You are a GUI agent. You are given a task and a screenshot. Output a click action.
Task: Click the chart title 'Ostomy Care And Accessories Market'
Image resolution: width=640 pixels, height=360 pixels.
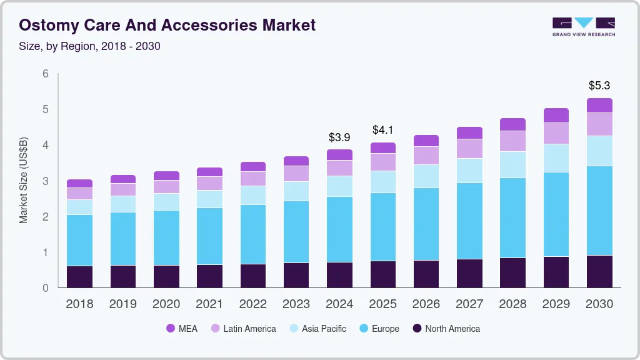tap(167, 25)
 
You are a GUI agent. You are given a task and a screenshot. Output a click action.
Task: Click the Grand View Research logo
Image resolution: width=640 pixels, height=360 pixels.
tap(583, 26)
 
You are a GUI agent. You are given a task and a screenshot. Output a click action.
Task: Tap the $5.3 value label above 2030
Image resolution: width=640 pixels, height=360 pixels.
tap(599, 85)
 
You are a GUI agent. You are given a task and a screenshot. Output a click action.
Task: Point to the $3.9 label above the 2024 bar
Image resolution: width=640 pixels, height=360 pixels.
tap(339, 137)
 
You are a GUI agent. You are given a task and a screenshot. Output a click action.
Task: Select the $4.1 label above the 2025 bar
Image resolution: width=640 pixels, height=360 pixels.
tap(382, 130)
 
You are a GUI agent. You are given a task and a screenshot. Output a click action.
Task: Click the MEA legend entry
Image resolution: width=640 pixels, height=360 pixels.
tap(182, 329)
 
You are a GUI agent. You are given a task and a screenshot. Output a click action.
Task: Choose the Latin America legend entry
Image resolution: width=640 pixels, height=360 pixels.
tap(244, 329)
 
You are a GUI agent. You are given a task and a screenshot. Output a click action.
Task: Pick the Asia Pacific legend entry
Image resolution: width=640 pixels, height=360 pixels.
tap(317, 329)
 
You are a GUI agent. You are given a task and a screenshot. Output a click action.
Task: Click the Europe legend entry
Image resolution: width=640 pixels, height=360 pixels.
tap(379, 329)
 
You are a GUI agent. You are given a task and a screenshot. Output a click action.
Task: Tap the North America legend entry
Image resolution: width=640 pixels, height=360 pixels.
tap(446, 329)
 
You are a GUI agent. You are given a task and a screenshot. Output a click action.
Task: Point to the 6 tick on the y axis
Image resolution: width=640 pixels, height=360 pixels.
tap(46, 74)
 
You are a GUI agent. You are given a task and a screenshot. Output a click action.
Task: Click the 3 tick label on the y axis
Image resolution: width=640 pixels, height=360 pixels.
tap(46, 181)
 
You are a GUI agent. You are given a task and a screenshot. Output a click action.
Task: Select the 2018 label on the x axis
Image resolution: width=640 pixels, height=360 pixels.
tap(79, 304)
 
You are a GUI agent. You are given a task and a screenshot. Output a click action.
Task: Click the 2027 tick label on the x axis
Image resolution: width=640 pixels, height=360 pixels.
tap(469, 304)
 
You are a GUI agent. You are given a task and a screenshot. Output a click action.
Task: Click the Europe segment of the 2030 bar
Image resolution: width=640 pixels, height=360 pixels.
tap(599, 211)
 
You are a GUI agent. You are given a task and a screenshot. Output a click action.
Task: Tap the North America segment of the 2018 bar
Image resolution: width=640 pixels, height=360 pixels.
tap(79, 277)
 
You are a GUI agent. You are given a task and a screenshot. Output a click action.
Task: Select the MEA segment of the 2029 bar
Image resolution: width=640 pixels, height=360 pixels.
tap(556, 115)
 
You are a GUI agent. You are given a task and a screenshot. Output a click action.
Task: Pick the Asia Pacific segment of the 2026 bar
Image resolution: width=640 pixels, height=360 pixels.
tap(426, 176)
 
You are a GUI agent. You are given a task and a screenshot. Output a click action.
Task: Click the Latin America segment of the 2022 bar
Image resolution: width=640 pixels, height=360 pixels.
tap(252, 179)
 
